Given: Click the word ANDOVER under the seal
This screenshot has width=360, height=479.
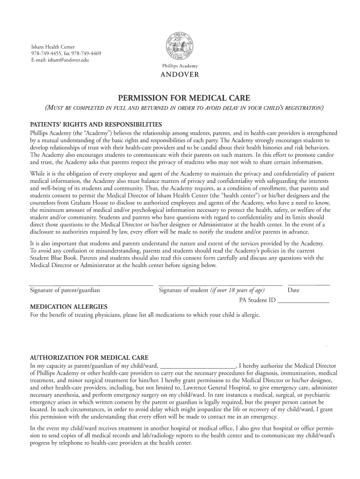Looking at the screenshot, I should pos(180,74).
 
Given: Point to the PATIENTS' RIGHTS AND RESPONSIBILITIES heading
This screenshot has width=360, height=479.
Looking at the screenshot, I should pos(96,125).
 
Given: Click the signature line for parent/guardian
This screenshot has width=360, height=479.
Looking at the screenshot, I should pos(91,284).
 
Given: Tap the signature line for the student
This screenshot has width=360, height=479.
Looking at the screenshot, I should pos(220,284).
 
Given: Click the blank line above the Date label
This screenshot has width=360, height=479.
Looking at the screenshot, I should pos(309,284).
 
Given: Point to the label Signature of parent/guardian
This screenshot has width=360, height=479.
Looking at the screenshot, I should pos(65,290).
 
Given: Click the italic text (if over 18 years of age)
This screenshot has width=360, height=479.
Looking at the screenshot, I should pos(238,290).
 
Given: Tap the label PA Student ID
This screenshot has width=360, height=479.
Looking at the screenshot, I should pos(257,300).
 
